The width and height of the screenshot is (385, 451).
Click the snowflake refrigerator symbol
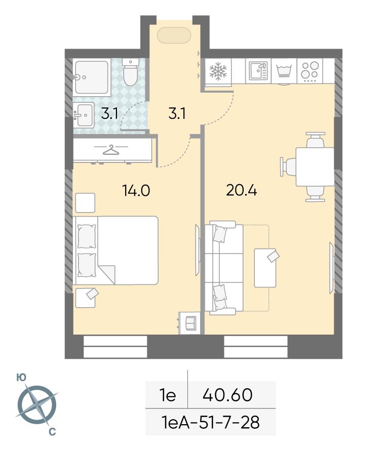(218, 71)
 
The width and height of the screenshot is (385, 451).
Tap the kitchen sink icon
(258, 70)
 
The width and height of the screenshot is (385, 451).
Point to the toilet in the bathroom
(131, 72)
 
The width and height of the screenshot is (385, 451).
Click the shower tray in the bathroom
(92, 77)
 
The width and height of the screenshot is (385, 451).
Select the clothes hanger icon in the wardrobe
(111, 149)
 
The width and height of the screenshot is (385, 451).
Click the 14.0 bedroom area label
(136, 190)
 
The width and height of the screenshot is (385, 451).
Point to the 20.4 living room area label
(241, 190)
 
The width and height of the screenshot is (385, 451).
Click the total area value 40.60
(227, 395)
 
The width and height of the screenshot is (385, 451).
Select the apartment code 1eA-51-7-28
(211, 423)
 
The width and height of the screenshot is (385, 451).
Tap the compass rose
(37, 405)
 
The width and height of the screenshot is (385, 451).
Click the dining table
(315, 167)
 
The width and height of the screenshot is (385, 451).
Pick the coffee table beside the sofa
(265, 268)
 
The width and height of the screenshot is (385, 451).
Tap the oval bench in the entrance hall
(174, 35)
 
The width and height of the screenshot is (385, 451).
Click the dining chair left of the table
(288, 167)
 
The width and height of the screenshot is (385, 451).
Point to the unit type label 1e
(167, 395)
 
